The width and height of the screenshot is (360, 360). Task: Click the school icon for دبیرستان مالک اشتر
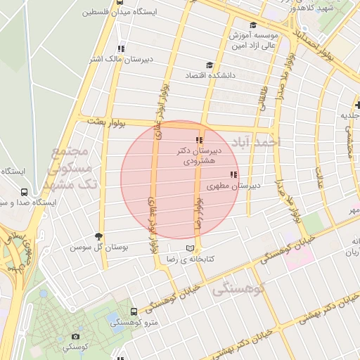[121, 49]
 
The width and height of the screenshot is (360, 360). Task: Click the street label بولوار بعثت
[106, 122]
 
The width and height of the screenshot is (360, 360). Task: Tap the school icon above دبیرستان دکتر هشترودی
[199, 140]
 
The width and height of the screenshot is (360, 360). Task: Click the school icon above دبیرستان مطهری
[233, 174]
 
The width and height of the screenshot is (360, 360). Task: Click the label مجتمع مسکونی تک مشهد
[67, 169]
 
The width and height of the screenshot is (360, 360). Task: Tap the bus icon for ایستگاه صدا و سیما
[25, 191]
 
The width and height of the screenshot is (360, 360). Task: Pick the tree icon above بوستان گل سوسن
[98, 237]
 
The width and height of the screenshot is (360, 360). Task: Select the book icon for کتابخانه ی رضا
[191, 248]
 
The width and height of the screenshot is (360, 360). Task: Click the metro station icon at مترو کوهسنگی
[134, 311]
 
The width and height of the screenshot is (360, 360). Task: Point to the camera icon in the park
[75, 336]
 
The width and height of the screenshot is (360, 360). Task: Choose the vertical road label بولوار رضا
[200, 214]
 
